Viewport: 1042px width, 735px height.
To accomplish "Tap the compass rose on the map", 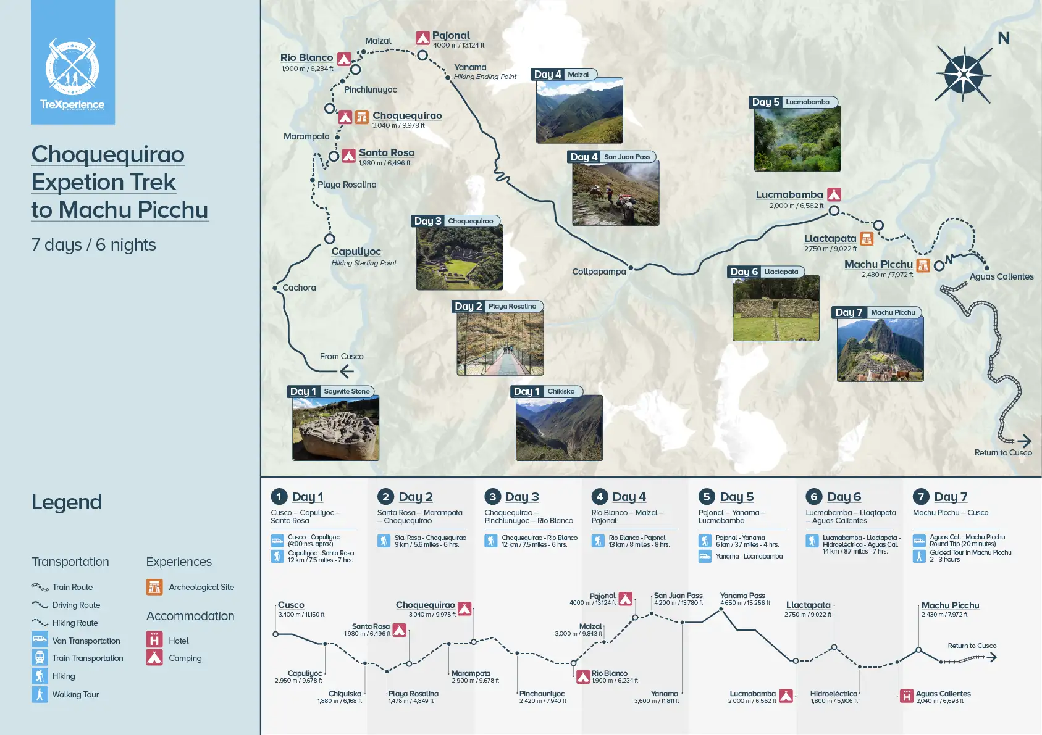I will (x=964, y=75).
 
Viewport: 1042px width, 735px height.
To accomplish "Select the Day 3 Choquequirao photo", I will (x=460, y=257).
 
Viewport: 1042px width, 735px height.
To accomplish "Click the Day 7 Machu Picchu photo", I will (x=880, y=349).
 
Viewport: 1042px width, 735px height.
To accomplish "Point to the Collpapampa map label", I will (x=599, y=272).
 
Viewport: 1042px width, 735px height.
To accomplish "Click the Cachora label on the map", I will (x=299, y=288).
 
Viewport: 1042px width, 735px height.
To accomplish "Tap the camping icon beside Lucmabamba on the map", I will (x=834, y=195).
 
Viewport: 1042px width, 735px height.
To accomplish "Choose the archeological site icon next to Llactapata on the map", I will (x=867, y=239).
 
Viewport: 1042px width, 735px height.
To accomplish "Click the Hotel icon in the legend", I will (x=154, y=640).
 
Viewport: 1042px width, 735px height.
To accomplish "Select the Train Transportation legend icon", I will (x=40, y=658).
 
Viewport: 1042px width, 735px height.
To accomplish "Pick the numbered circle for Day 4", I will (x=599, y=497).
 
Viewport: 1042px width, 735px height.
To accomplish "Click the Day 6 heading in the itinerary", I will (x=844, y=497).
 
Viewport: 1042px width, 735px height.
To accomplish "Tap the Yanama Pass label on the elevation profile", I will (x=742, y=596).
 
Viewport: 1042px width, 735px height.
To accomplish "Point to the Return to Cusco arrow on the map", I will (x=1023, y=441).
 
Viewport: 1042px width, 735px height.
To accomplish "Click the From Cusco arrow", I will (x=347, y=371).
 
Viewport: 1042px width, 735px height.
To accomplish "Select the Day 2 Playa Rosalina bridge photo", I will (x=500, y=343).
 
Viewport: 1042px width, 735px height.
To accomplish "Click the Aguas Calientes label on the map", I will (x=1001, y=276).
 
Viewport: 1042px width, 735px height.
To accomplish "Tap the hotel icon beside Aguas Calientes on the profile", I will (x=906, y=696).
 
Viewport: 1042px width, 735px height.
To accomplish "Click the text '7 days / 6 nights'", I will (x=94, y=245).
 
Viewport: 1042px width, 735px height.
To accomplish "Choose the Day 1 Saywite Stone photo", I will (x=335, y=428).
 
